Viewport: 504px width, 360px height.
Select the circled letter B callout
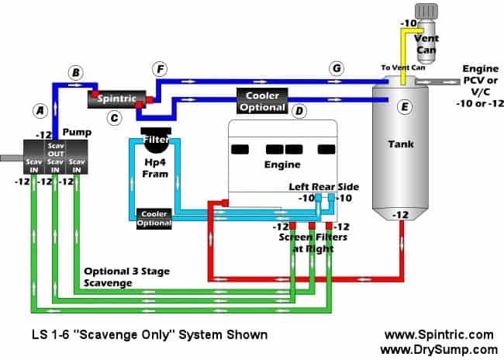75,73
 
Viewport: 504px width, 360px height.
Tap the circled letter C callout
114,119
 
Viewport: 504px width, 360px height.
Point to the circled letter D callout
299,112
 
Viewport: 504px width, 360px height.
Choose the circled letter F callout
160,69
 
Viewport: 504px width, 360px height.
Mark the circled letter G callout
337,68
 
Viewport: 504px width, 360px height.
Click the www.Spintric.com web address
438,334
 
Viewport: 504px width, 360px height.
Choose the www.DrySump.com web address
438,349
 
